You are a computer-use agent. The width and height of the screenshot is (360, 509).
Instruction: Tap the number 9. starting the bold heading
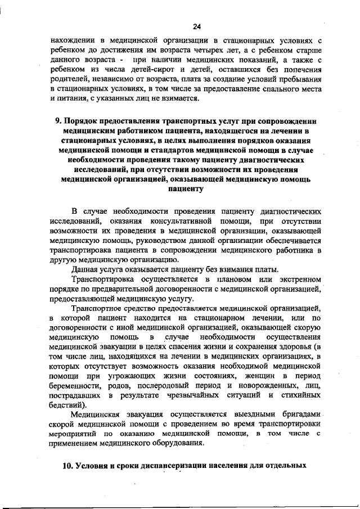pyautogui.click(x=57, y=121)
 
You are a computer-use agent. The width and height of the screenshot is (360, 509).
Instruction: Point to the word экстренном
pyautogui.click(x=301, y=279)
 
